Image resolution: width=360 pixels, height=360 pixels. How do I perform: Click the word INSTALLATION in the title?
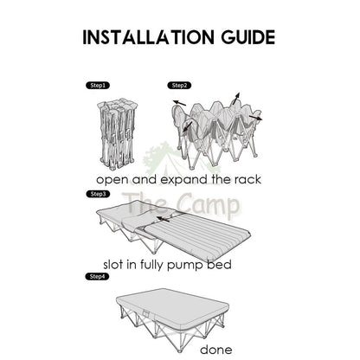tap(148, 37)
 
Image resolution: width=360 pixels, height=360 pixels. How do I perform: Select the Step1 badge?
tap(98, 86)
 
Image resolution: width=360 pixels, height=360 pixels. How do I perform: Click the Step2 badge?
tap(179, 86)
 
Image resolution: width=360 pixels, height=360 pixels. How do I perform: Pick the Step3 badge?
tap(98, 194)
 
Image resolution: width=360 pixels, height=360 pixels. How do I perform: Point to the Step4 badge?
tap(97, 277)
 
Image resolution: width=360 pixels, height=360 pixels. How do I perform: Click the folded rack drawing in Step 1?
tap(117, 133)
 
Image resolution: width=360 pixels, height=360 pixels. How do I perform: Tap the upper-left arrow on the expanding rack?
tap(179, 103)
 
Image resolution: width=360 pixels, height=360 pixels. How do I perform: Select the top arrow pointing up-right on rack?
tap(235, 99)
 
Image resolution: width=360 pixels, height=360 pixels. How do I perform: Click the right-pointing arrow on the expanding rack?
tap(255, 118)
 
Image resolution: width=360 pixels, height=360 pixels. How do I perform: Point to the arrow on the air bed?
tap(163, 219)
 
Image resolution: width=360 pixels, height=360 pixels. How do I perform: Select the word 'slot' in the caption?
tap(113, 264)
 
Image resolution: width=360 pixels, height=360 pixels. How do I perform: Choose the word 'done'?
tap(216, 350)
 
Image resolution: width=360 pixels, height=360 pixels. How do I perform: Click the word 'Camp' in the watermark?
tap(208, 204)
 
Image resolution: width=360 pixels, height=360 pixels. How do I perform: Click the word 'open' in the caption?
tap(112, 181)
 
